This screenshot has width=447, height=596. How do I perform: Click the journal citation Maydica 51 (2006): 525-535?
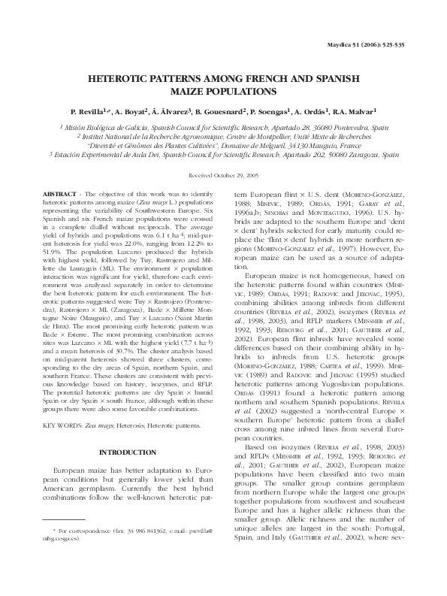pyautogui.click(x=367, y=45)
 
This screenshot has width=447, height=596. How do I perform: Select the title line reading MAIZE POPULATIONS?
pyautogui.click(x=223, y=89)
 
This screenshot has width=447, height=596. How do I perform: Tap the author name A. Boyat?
pyautogui.click(x=133, y=110)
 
